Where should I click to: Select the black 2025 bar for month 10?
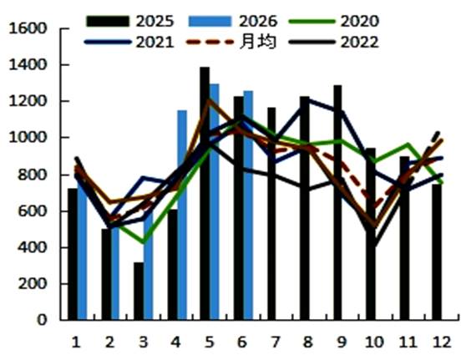pyautogui.click(x=370, y=234)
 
